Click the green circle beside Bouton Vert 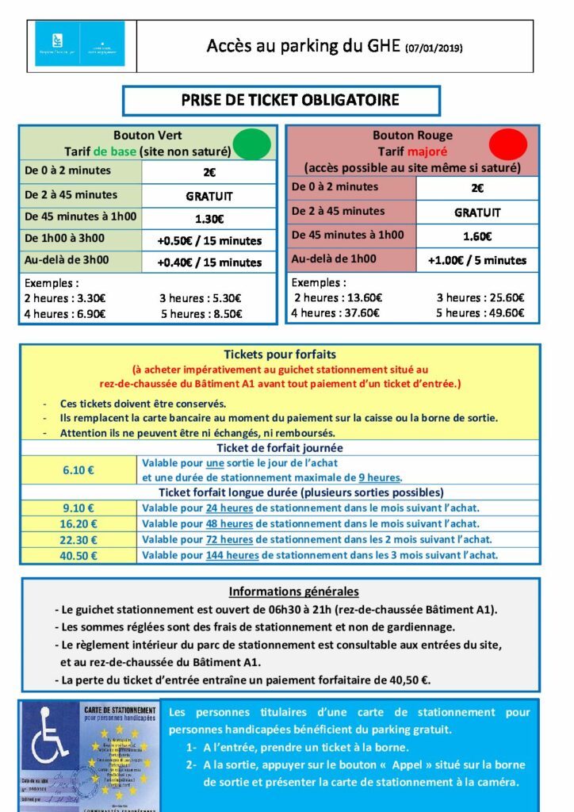click(x=254, y=144)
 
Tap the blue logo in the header click(x=80, y=44)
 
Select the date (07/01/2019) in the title click(x=434, y=48)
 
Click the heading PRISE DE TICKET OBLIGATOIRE click(x=281, y=101)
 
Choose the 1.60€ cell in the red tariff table click(x=476, y=236)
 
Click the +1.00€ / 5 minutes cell click(x=476, y=260)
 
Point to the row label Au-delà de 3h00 click(x=67, y=259)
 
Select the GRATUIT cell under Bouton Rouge click(x=476, y=212)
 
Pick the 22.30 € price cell click(x=78, y=539)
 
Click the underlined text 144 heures click(x=232, y=555)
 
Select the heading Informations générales click(x=293, y=592)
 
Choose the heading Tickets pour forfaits click(x=280, y=354)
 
